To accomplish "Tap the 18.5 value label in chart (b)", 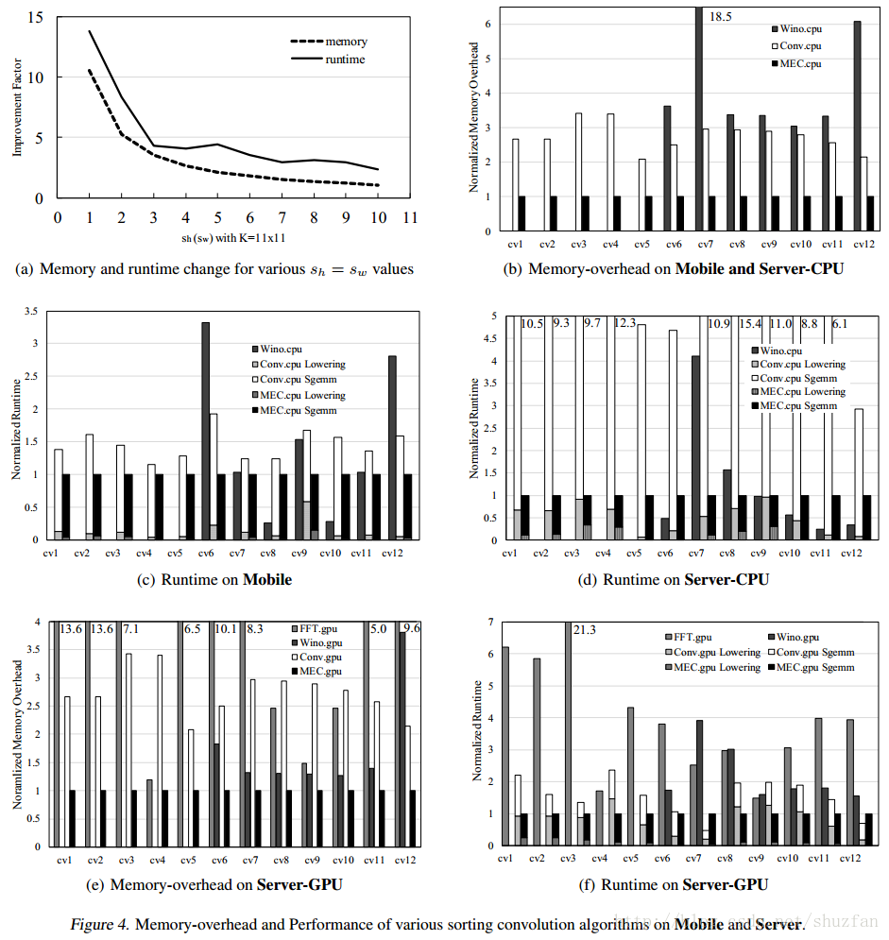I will (722, 16).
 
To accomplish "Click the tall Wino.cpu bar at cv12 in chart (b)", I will (857, 126).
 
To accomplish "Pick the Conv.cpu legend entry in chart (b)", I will (799, 45).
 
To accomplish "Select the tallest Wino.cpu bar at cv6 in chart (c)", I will (205, 431).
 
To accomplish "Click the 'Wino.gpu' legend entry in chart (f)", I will (807, 637).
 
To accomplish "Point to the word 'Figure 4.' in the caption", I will (99, 923).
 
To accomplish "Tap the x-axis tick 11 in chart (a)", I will (410, 216).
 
